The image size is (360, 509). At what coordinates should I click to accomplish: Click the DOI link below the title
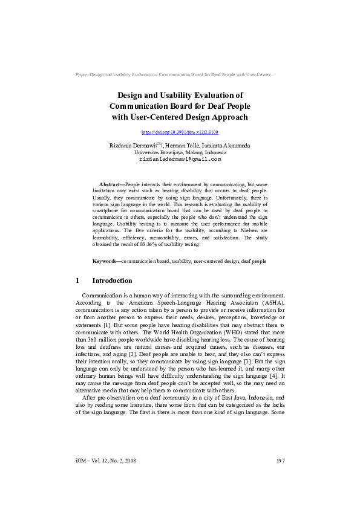pyautogui.click(x=180, y=132)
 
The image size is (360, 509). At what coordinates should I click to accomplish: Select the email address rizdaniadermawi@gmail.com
pyautogui.click(x=180, y=160)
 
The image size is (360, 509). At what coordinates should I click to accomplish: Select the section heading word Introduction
pyautogui.click(x=112, y=281)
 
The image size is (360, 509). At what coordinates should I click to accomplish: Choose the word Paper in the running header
pyautogui.click(x=81, y=74)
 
